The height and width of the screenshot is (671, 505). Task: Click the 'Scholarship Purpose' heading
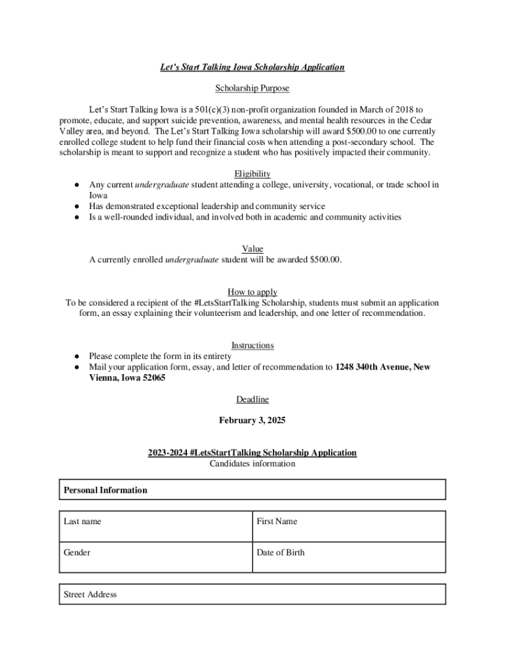click(252, 88)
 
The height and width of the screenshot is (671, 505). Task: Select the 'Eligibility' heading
click(252, 174)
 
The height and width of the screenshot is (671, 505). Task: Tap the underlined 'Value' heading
click(253, 249)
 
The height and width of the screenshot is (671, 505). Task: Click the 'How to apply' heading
click(253, 292)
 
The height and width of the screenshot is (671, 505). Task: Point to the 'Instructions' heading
click(253, 345)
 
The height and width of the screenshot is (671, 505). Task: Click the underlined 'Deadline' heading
click(253, 399)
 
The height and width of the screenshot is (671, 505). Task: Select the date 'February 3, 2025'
click(253, 420)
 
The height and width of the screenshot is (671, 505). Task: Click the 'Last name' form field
click(155, 526)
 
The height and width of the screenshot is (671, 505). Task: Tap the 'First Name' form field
click(349, 526)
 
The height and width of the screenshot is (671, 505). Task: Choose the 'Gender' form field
click(155, 557)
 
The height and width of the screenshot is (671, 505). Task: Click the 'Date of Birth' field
click(349, 557)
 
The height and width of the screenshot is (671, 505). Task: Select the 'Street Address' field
click(253, 594)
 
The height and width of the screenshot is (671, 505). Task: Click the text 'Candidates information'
click(253, 463)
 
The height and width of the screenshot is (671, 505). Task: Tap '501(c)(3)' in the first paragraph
click(192, 109)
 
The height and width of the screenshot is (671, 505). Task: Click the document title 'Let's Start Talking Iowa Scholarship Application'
click(253, 67)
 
